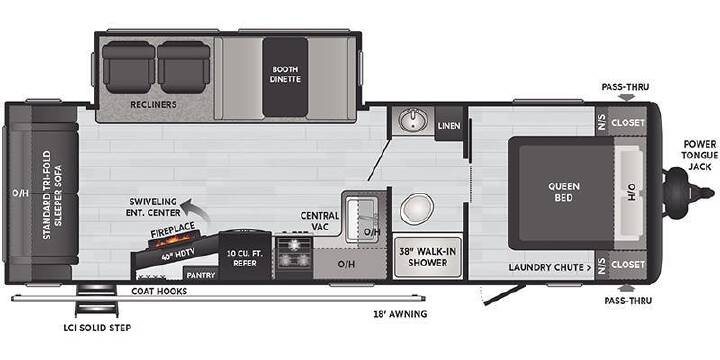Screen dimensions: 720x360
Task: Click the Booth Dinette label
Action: (x=285, y=74)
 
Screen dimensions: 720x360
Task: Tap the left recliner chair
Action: (x=129, y=67)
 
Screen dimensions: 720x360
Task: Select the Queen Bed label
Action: (x=563, y=192)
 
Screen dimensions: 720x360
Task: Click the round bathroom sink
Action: (x=413, y=120)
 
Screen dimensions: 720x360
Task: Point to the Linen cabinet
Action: (x=449, y=125)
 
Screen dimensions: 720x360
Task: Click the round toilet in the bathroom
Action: (x=416, y=208)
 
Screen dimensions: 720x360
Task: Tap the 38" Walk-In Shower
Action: (x=428, y=257)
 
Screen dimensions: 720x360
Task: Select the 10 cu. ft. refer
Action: (x=245, y=256)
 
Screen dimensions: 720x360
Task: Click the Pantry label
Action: (x=201, y=275)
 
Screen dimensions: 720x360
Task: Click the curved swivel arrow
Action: (x=194, y=209)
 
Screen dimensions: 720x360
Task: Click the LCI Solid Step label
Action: (x=97, y=328)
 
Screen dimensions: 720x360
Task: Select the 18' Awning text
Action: (x=400, y=314)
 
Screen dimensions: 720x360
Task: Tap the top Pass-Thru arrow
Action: (x=627, y=97)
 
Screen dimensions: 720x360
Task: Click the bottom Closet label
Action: (x=628, y=265)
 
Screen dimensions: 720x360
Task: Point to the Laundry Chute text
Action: (x=549, y=267)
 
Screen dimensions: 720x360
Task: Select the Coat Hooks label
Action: (x=159, y=291)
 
